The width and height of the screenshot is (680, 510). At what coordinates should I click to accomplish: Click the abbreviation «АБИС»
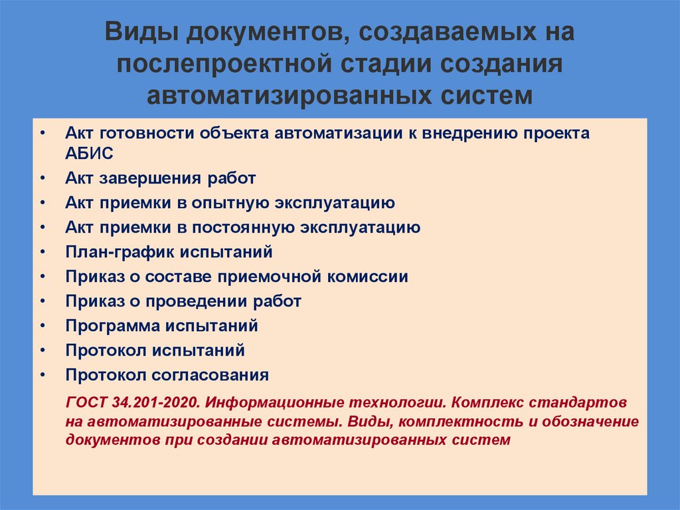coord(90,154)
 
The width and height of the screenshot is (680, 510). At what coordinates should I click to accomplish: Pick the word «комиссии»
coord(374,277)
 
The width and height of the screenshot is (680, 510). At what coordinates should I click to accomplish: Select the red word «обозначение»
coord(591,422)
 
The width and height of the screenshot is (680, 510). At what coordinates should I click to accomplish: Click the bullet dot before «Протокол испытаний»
coord(42,350)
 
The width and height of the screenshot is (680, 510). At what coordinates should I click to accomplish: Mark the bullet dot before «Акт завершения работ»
coord(42,178)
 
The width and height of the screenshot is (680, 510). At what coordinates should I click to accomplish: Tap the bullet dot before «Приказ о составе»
coord(42,277)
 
